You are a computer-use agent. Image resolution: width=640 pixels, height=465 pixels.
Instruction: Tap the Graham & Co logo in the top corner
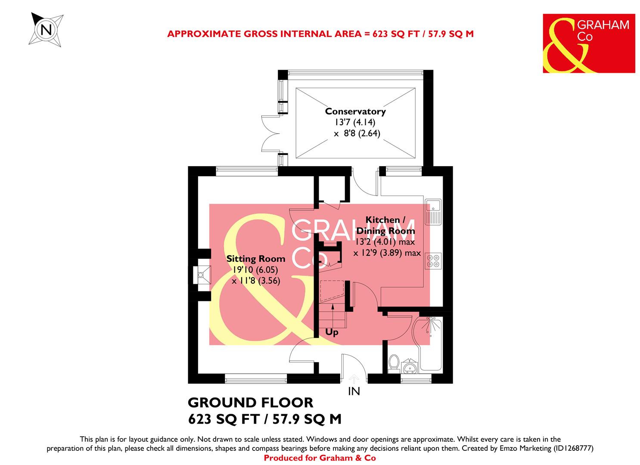point(588,43)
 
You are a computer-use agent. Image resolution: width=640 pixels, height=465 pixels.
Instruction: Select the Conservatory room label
point(355,111)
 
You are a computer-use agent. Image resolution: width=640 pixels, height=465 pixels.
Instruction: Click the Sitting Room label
point(256,259)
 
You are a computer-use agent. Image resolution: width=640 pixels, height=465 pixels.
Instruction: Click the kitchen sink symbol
point(432,212)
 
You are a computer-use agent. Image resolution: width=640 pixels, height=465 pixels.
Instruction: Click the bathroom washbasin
point(410,366)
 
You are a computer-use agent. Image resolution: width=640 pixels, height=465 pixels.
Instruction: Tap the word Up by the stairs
point(332,332)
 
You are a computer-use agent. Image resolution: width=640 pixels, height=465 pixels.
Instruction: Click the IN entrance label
point(354,391)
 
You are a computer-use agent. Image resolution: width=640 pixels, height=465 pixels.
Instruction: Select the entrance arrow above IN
point(354,378)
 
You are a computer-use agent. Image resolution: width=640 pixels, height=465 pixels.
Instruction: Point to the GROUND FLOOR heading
point(251,403)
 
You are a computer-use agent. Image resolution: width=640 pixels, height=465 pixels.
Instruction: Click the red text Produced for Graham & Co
point(320,458)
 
